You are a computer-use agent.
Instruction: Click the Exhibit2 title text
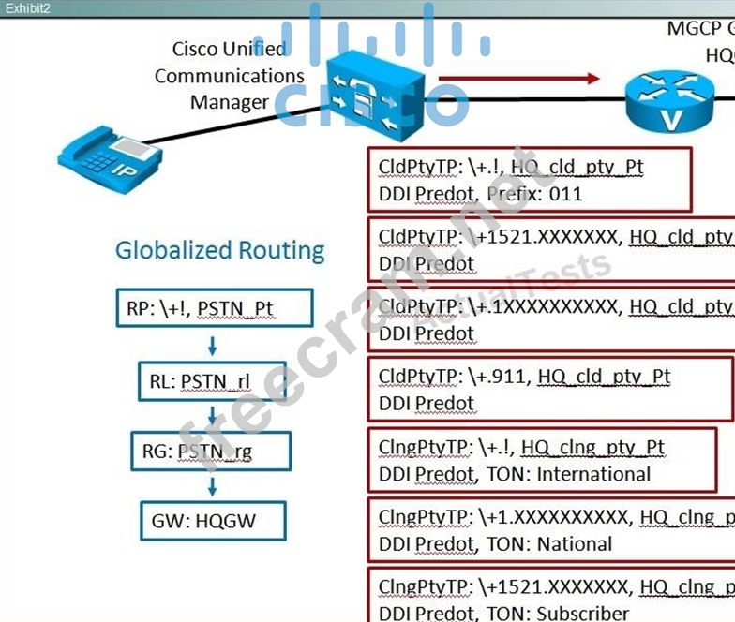click(x=27, y=8)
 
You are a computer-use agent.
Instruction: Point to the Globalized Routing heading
click(x=219, y=250)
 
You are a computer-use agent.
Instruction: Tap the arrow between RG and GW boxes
click(x=213, y=486)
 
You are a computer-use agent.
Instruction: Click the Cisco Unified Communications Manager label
click(x=230, y=75)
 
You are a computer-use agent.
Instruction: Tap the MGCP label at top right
click(x=689, y=28)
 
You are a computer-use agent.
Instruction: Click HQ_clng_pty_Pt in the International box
click(x=592, y=448)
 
